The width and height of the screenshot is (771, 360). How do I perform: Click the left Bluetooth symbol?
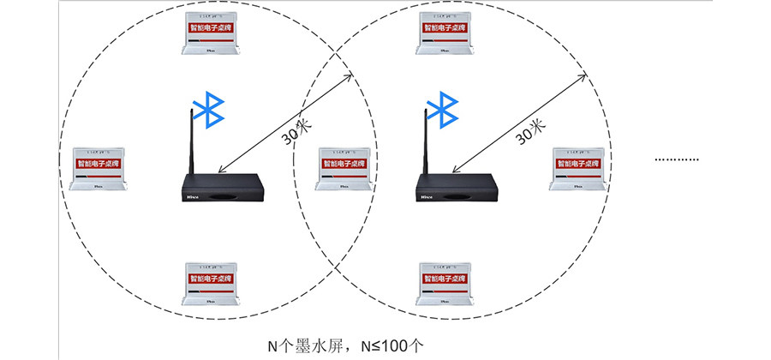[208, 109]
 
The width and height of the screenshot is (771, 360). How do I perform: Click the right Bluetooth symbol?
[444, 109]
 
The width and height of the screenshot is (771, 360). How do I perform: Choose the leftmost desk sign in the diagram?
[99, 165]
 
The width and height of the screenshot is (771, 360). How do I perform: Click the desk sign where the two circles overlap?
[344, 166]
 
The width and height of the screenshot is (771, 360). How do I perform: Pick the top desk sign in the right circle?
[445, 33]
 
